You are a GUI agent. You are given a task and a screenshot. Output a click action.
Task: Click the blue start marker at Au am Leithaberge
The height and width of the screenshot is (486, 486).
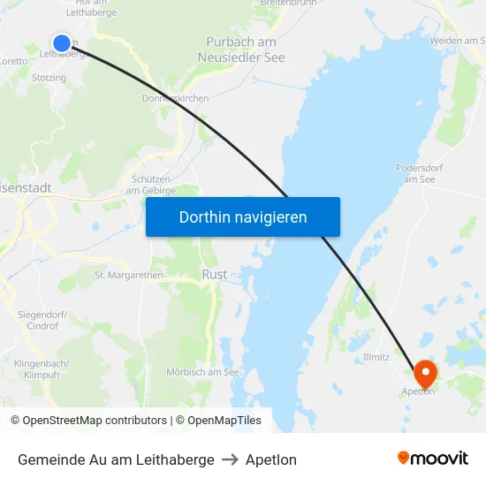[62, 42]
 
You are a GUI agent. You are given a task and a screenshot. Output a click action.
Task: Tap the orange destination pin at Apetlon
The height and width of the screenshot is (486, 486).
[425, 372]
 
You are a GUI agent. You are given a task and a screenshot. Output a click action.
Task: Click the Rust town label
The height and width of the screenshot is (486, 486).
[215, 275]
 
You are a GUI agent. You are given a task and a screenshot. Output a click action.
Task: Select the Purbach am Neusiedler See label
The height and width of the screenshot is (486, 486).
[241, 49]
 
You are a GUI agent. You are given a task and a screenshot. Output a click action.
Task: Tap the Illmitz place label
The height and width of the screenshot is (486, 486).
[376, 357]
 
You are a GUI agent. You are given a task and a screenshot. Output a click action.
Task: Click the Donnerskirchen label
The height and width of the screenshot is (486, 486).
[175, 98]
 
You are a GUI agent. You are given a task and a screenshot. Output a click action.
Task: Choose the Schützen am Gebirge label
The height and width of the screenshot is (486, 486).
[151, 184]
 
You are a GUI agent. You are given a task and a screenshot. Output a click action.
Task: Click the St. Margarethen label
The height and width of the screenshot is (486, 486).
[129, 275]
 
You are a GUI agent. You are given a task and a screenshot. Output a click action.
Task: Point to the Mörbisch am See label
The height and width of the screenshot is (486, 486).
[202, 372]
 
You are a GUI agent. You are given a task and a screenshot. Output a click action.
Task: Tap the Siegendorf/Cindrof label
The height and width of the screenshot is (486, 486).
[42, 320]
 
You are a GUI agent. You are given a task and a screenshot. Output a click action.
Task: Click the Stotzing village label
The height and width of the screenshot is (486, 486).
[49, 78]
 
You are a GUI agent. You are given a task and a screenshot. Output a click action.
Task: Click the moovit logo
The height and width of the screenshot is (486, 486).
[432, 458]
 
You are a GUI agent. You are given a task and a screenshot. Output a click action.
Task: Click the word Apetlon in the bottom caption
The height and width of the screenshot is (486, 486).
[271, 459]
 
